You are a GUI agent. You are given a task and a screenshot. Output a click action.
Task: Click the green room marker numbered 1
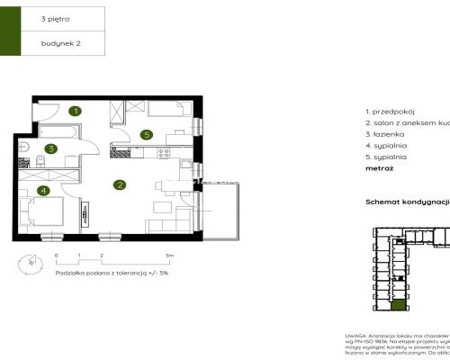[x=76, y=112]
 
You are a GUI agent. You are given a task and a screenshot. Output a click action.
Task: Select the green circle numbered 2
[x=119, y=185]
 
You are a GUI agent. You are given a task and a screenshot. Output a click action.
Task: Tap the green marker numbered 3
[x=52, y=149]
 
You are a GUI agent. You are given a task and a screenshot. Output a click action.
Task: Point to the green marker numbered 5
[x=146, y=135]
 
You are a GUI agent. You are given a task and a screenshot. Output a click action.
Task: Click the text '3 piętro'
[x=56, y=17]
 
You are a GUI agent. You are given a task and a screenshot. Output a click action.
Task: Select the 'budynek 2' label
[x=59, y=42]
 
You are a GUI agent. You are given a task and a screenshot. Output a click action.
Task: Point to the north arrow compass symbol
[x=30, y=262]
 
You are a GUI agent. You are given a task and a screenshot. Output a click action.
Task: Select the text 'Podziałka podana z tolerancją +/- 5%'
[x=99, y=272]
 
